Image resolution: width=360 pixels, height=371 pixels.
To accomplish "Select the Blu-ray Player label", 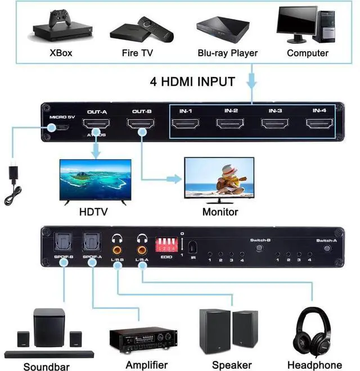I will (227, 53).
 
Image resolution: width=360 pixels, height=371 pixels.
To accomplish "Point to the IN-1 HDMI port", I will (186, 124).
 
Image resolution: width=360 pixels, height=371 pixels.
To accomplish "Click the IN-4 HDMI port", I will (319, 124).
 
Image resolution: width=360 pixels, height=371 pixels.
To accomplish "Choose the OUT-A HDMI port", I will (97, 125).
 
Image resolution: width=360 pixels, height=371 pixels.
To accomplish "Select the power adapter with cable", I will (13, 183).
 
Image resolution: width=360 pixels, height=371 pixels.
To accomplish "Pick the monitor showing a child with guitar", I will (220, 179).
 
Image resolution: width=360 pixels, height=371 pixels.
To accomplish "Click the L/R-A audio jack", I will (141, 246).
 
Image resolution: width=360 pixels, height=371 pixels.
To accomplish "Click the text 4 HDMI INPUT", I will (192, 82).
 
